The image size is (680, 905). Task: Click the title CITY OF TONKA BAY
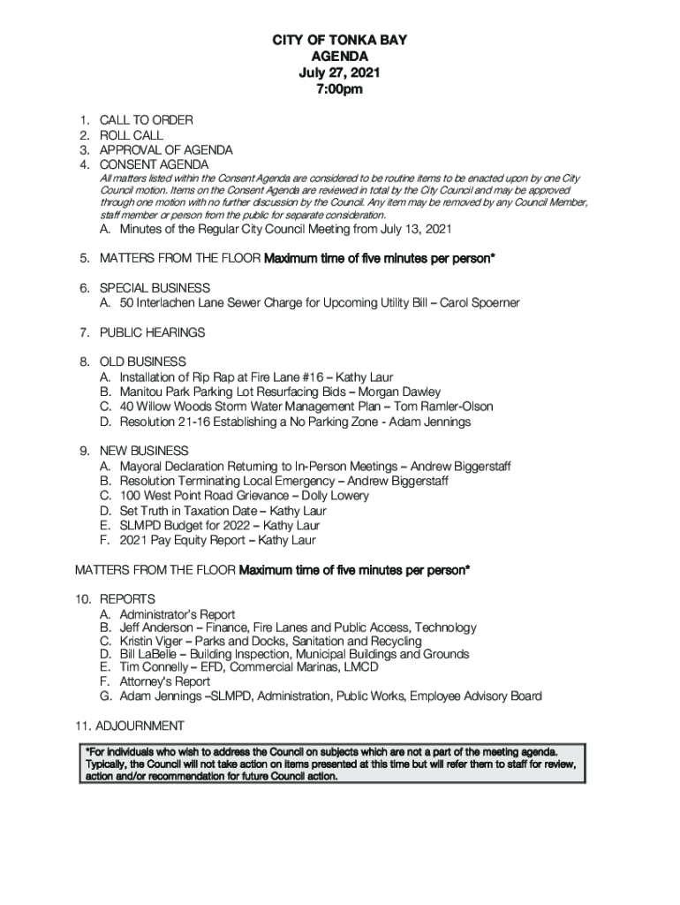[x=340, y=41]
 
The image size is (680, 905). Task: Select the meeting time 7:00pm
[x=340, y=89]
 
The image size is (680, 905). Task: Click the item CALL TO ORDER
[x=146, y=120]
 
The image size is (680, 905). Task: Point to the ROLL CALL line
[x=131, y=135]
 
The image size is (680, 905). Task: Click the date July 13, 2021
[x=411, y=230]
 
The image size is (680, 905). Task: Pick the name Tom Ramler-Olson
[x=443, y=407]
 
